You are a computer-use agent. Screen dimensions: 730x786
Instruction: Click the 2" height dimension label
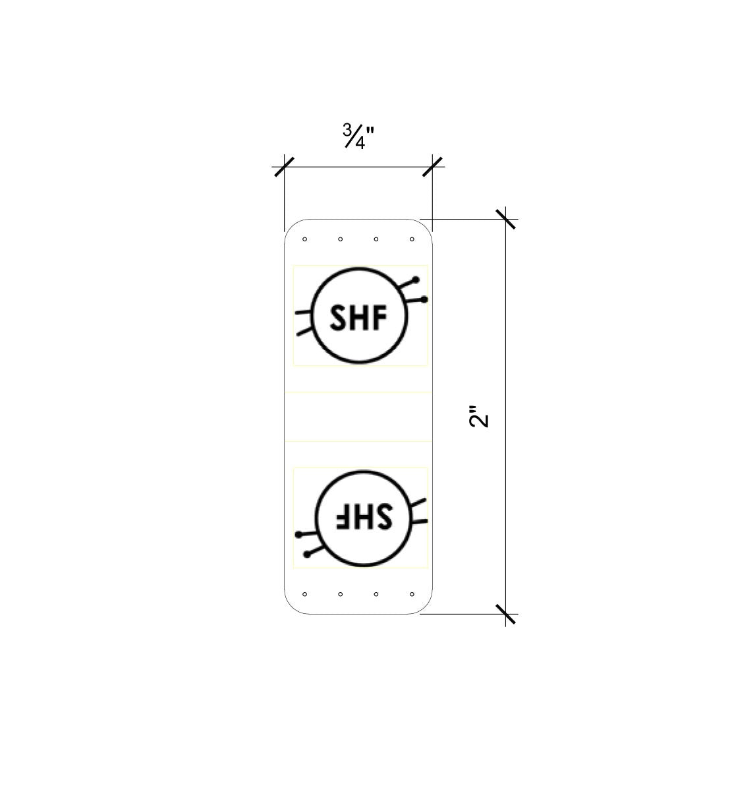tap(479, 416)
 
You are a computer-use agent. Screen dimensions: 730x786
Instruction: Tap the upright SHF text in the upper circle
tap(358, 317)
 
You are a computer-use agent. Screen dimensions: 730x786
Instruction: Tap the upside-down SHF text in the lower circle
tap(364, 516)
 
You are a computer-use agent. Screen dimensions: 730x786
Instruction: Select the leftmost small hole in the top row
tap(304, 239)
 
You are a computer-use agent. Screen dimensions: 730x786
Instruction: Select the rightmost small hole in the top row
tap(412, 239)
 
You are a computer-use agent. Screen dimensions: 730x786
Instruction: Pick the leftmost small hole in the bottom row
tap(304, 594)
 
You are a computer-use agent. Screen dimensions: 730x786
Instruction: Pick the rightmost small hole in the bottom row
tap(412, 594)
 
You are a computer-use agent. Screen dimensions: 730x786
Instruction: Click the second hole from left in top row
tap(340, 239)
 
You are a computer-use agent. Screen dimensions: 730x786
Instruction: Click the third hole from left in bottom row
tap(376, 594)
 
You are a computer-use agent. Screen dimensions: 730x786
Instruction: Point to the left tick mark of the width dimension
tap(285, 167)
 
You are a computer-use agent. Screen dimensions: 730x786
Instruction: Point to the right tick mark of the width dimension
tap(433, 167)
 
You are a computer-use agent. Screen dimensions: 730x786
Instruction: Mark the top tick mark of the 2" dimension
tap(506, 219)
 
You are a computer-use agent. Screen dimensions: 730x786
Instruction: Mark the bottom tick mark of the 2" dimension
tap(506, 614)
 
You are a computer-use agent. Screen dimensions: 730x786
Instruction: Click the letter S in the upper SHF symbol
tap(338, 317)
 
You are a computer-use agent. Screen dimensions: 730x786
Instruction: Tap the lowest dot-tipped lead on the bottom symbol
tap(314, 551)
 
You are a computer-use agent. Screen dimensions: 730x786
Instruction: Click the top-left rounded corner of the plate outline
tap(291, 226)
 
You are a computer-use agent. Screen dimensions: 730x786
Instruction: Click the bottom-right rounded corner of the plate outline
tap(426, 607)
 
